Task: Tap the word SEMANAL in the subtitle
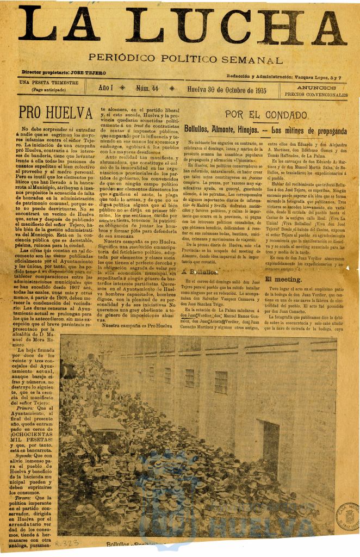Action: tap(254, 60)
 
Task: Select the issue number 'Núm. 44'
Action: tap(147, 88)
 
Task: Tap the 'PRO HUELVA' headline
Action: tap(55, 113)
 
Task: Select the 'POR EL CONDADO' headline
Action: tap(266, 115)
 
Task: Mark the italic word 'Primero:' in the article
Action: tap(28, 409)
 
